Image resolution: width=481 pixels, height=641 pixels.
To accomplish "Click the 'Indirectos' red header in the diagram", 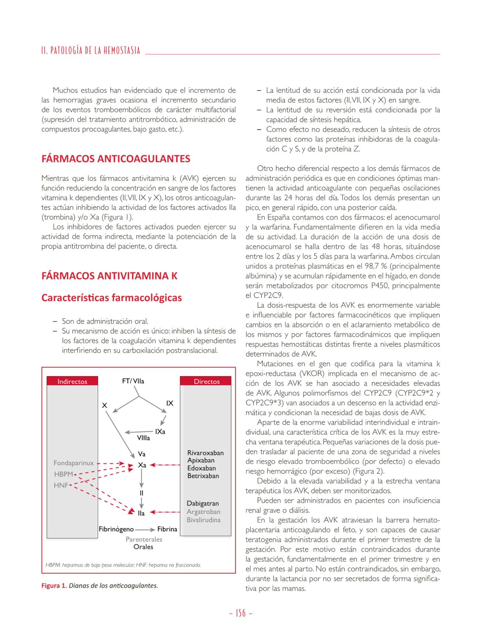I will [72, 381].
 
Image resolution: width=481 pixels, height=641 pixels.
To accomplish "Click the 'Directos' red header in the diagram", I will [206, 381].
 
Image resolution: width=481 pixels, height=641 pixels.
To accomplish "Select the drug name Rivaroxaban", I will [205, 453].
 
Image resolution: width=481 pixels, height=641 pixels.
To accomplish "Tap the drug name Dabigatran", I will [203, 503].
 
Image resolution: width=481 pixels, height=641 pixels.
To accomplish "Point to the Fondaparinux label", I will [74, 463].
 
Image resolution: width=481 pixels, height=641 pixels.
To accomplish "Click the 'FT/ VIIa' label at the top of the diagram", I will [133, 381].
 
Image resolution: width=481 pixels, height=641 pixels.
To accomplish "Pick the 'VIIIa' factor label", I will [144, 438].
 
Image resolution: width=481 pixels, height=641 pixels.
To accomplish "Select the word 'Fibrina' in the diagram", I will [167, 529].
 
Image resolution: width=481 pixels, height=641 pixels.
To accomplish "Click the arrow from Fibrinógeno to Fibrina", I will [146, 529].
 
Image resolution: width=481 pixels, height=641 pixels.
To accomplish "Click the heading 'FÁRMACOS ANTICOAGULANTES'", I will [116, 159].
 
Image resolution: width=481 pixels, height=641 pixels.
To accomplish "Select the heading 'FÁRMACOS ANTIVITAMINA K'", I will [110, 276].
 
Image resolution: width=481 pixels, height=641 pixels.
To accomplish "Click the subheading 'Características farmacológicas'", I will [112, 298].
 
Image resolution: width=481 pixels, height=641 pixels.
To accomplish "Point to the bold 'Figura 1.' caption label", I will [54, 586].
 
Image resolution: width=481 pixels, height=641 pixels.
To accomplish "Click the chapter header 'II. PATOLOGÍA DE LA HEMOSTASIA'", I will [91, 51].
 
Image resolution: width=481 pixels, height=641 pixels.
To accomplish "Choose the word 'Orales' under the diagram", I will [143, 547].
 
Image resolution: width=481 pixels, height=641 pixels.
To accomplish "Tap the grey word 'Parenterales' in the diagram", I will [144, 539].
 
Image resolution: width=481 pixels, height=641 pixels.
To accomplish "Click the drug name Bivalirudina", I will [203, 520].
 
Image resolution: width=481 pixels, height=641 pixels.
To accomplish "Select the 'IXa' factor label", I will [160, 431].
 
